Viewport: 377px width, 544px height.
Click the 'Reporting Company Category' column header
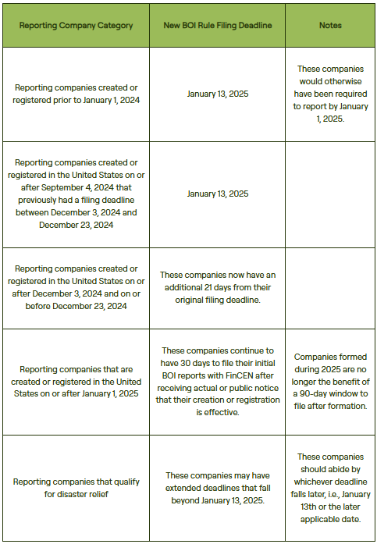pos(76,26)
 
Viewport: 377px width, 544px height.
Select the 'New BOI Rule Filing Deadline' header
pos(217,26)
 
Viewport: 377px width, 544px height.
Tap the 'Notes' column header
pos(330,26)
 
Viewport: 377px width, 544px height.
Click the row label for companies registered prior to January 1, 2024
pos(76,95)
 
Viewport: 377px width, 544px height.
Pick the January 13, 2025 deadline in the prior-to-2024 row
pos(217,95)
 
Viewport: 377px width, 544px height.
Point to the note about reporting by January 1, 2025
pos(330,95)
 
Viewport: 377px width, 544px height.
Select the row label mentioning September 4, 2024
pos(76,194)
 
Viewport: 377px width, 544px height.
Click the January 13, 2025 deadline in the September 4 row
pos(217,194)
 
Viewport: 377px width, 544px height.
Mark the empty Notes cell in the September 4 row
pos(330,194)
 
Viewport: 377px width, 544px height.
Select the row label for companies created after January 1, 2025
pos(76,382)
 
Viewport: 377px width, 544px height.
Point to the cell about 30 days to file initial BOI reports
pos(217,382)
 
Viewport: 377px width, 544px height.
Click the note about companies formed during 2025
pos(330,382)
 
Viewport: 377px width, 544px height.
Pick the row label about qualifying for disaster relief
pos(76,488)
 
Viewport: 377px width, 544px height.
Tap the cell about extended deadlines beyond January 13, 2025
pos(217,488)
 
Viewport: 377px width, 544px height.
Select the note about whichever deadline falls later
pos(330,488)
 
